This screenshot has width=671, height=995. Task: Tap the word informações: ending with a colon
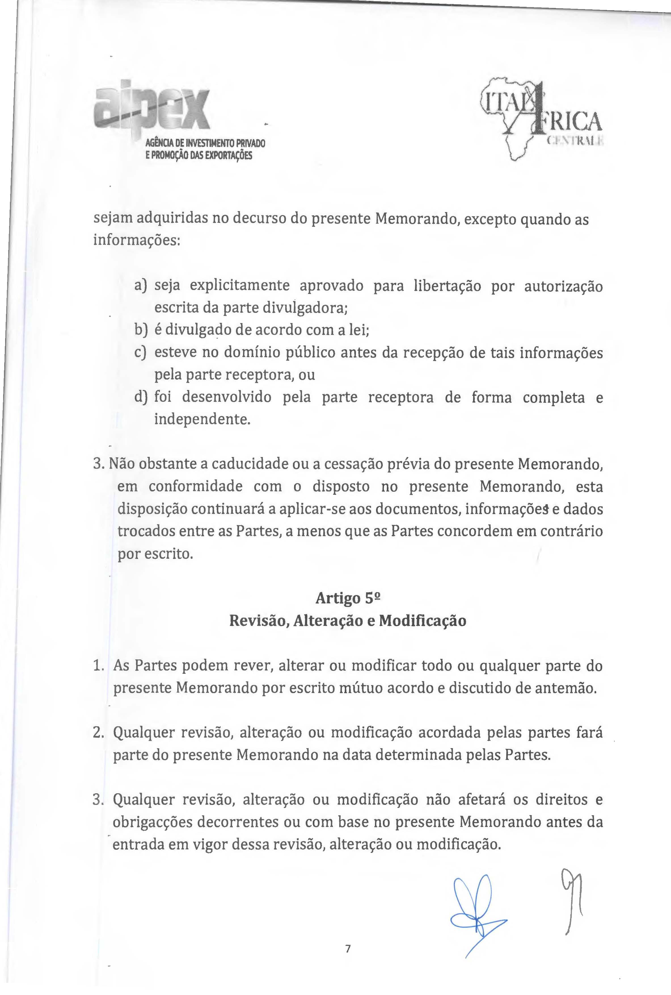[x=137, y=241]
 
